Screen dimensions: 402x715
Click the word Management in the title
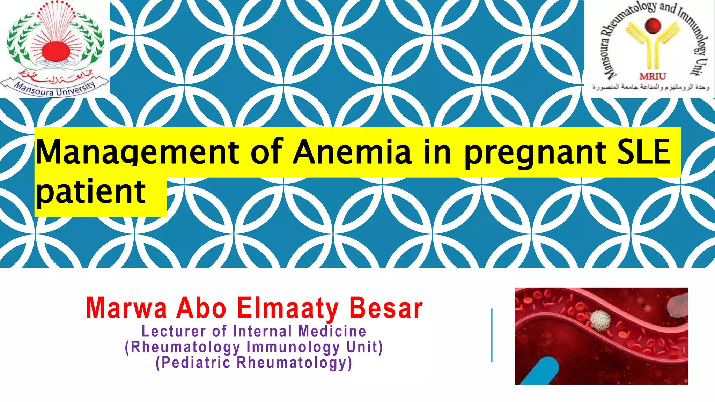pyautogui.click(x=137, y=152)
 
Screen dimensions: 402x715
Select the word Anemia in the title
pyautogui.click(x=352, y=152)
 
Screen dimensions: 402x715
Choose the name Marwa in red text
pyautogui.click(x=126, y=308)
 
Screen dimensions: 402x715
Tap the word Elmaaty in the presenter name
pyautogui.click(x=287, y=309)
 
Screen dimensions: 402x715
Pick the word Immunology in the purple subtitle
pyautogui.click(x=293, y=347)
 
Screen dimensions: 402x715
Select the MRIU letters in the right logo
pyautogui.click(x=652, y=76)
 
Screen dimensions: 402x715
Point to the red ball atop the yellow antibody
pyautogui.click(x=653, y=25)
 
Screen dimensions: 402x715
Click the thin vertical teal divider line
pyautogui.click(x=492, y=335)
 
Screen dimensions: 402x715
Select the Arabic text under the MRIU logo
pyautogui.click(x=650, y=87)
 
